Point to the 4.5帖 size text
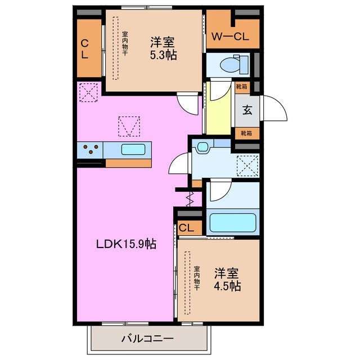(227, 286)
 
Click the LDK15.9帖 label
(125, 244)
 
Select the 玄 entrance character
(247, 109)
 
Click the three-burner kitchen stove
(91, 150)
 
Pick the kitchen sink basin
(133, 150)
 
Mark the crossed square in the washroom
(247, 165)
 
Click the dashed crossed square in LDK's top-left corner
(88, 93)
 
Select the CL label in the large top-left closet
(84, 49)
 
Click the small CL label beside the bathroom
(187, 228)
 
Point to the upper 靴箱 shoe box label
(241, 87)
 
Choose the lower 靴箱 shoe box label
(246, 133)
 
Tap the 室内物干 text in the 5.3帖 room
(125, 43)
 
